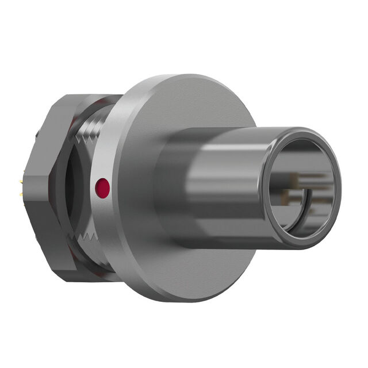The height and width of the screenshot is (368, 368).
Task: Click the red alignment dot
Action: (x=102, y=188)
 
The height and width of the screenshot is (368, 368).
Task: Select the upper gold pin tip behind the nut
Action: (x=21, y=183)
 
